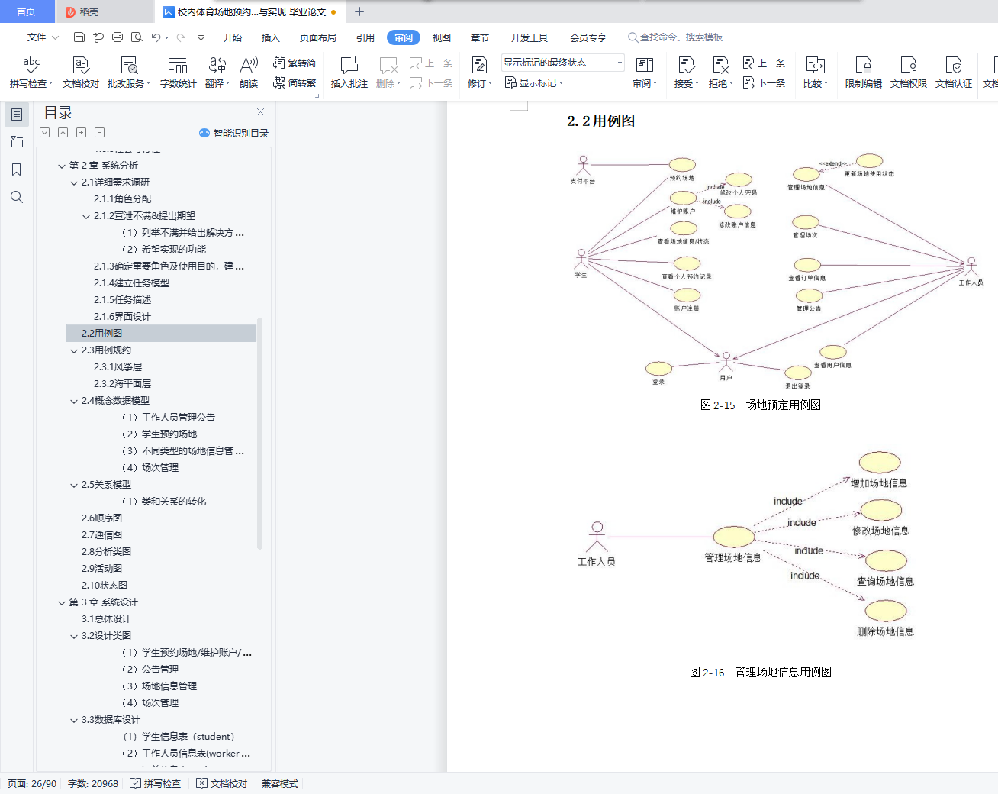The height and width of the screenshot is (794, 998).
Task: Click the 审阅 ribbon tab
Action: [404, 37]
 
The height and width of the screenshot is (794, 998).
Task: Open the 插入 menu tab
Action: [271, 37]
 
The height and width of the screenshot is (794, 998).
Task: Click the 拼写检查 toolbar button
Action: [31, 73]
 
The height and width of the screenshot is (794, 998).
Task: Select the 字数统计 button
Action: [178, 73]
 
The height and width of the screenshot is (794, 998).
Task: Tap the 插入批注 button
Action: [349, 73]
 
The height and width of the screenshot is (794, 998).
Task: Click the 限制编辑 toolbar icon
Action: [863, 73]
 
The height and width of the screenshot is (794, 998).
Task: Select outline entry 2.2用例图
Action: [102, 333]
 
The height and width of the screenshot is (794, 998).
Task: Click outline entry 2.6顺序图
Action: [102, 518]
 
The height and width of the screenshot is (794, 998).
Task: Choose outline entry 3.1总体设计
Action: [107, 618]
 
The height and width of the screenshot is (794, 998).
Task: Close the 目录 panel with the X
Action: [260, 112]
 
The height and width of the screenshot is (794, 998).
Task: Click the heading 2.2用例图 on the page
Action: [601, 121]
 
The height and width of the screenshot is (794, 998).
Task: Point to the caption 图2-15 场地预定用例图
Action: [760, 405]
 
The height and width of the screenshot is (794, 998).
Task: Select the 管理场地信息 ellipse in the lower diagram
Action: [733, 537]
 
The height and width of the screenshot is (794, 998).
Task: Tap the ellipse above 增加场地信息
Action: [880, 462]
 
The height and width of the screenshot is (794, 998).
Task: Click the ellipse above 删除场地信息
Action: [885, 611]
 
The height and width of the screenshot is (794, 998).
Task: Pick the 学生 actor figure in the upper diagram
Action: [581, 258]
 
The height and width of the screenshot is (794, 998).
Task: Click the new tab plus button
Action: [359, 11]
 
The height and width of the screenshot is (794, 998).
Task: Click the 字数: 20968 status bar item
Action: [93, 783]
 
